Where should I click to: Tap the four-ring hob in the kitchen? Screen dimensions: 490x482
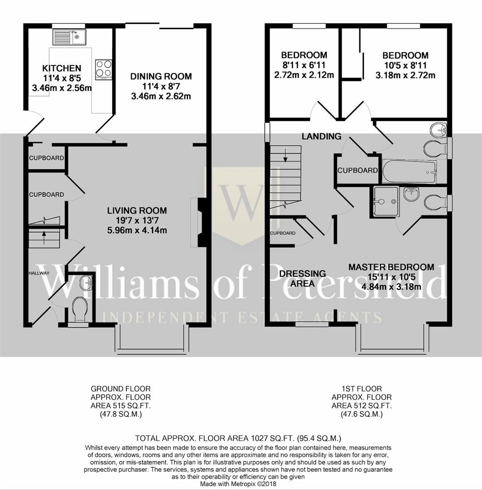(104, 69)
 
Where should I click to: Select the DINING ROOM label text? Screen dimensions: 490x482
(161, 76)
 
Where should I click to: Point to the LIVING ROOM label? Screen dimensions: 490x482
(137, 211)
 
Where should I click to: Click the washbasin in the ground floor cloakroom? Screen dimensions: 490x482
(85, 284)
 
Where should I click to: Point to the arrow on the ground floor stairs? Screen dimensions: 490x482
(44, 235)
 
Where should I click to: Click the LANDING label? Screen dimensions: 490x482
(322, 136)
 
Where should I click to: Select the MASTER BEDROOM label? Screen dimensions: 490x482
(391, 267)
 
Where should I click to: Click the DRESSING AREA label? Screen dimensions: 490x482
(296, 278)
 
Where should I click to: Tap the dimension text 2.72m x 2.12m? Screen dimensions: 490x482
(304, 75)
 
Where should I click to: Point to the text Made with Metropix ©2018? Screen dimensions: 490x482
(238, 484)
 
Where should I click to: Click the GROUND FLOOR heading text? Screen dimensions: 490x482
(120, 389)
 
